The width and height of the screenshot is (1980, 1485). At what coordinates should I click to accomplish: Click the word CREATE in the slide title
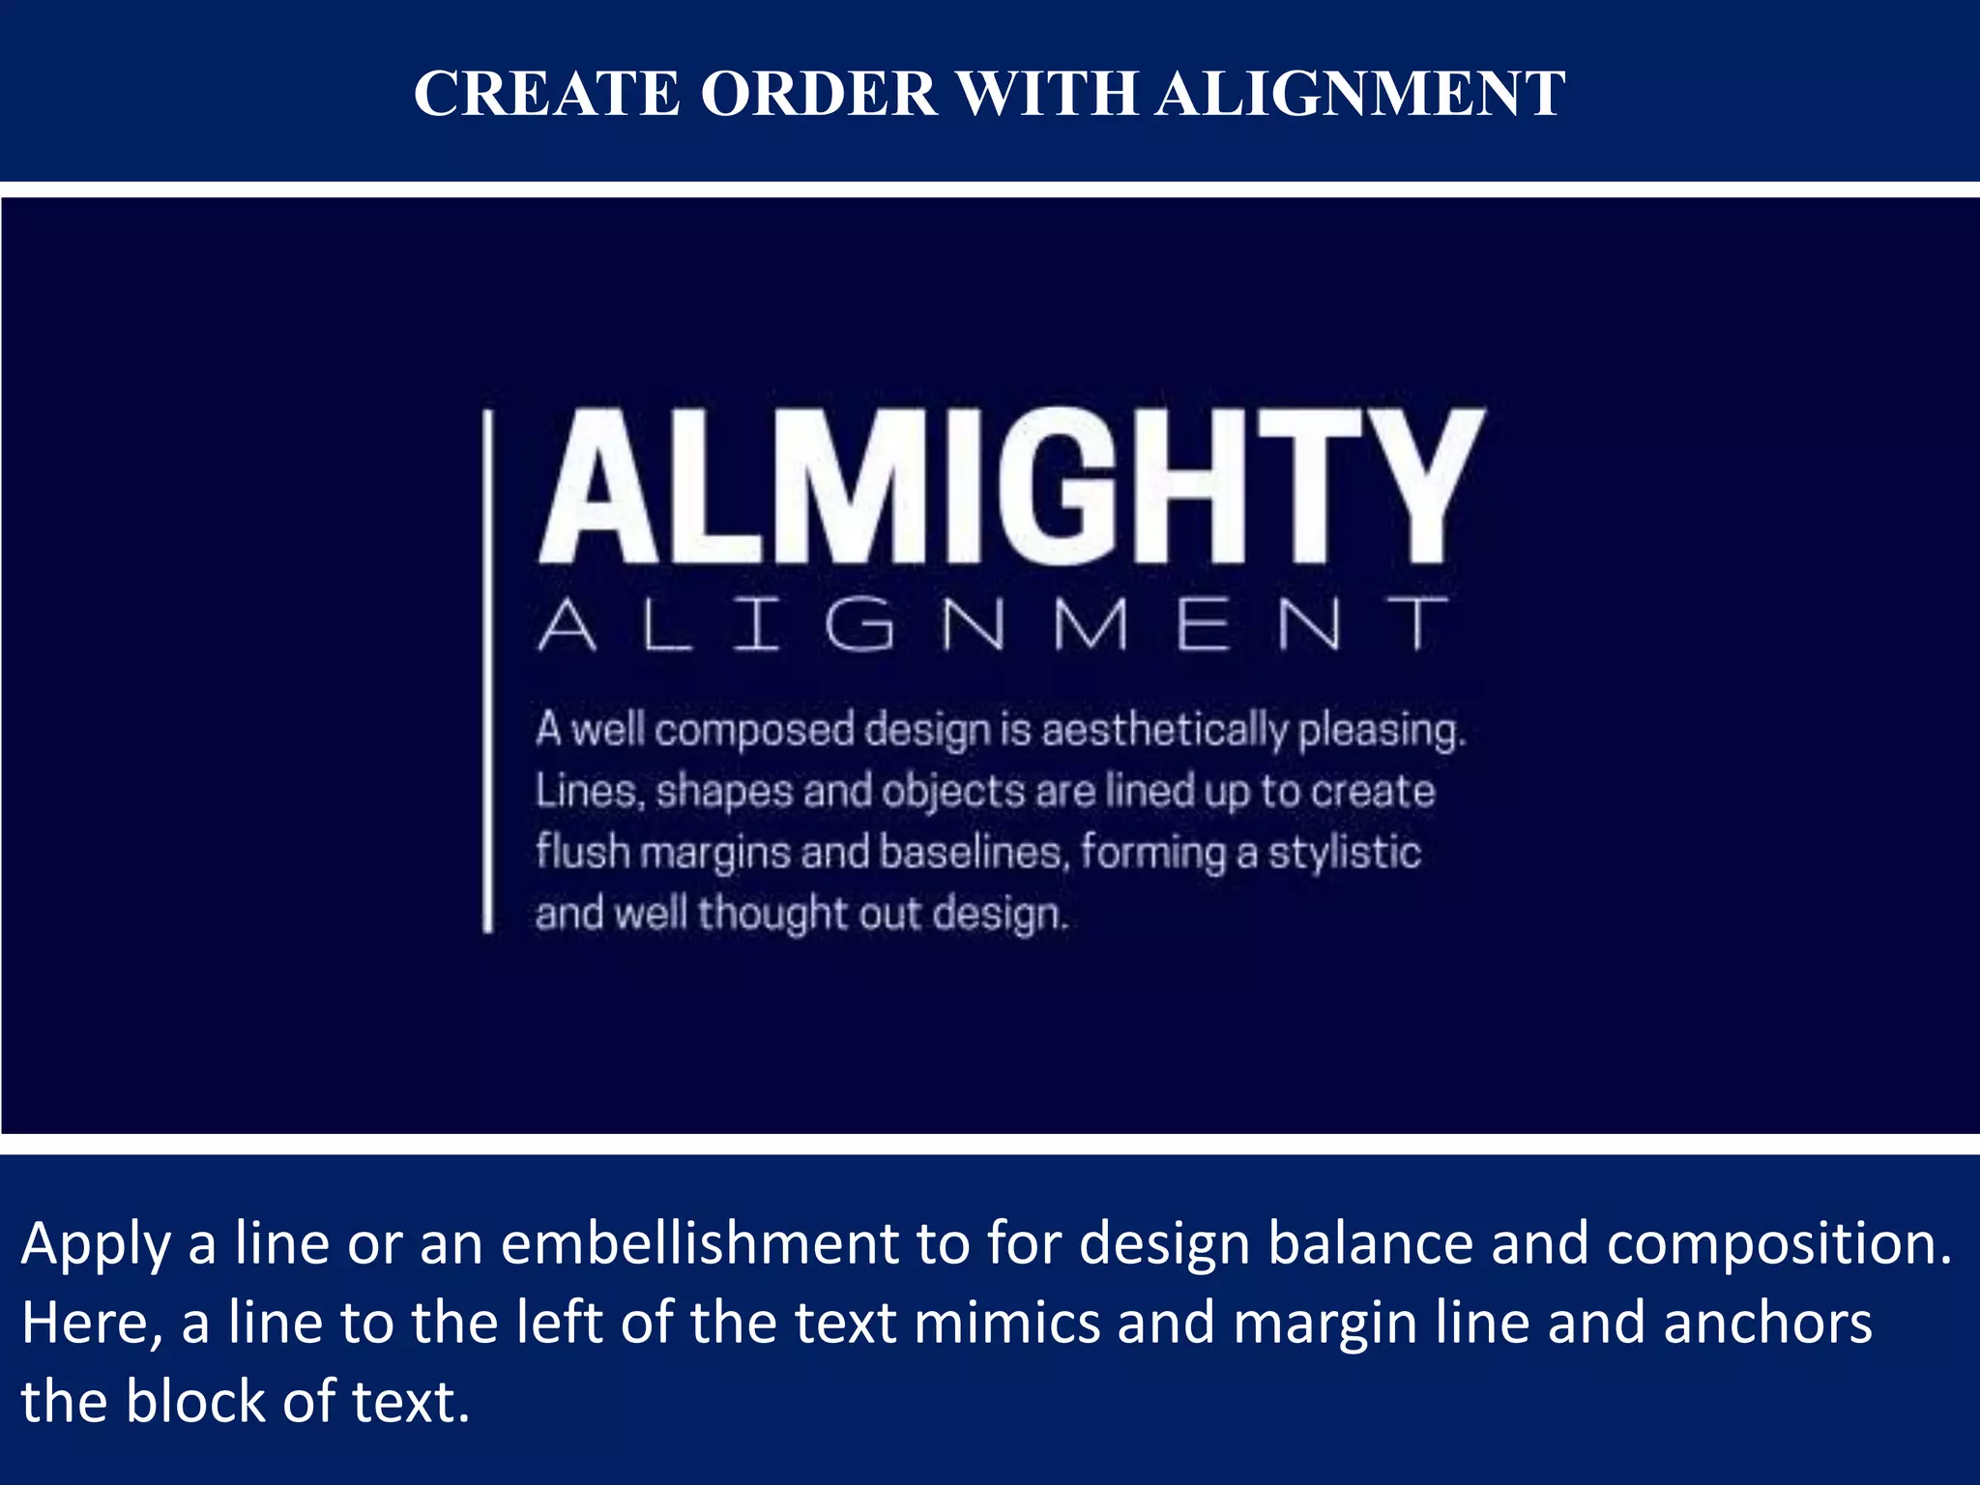[547, 94]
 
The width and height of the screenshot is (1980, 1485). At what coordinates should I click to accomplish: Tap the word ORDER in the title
[819, 94]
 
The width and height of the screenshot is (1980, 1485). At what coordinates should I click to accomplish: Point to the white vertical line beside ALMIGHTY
[488, 671]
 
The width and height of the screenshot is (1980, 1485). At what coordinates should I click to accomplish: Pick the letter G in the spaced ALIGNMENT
[859, 624]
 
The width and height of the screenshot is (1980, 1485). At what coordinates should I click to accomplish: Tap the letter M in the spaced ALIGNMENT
[1092, 624]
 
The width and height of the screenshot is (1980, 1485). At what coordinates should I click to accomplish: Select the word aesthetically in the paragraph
[1164, 730]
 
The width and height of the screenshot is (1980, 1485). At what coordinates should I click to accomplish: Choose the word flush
[583, 852]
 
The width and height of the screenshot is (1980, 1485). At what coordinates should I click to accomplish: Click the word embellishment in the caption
[700, 1243]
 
